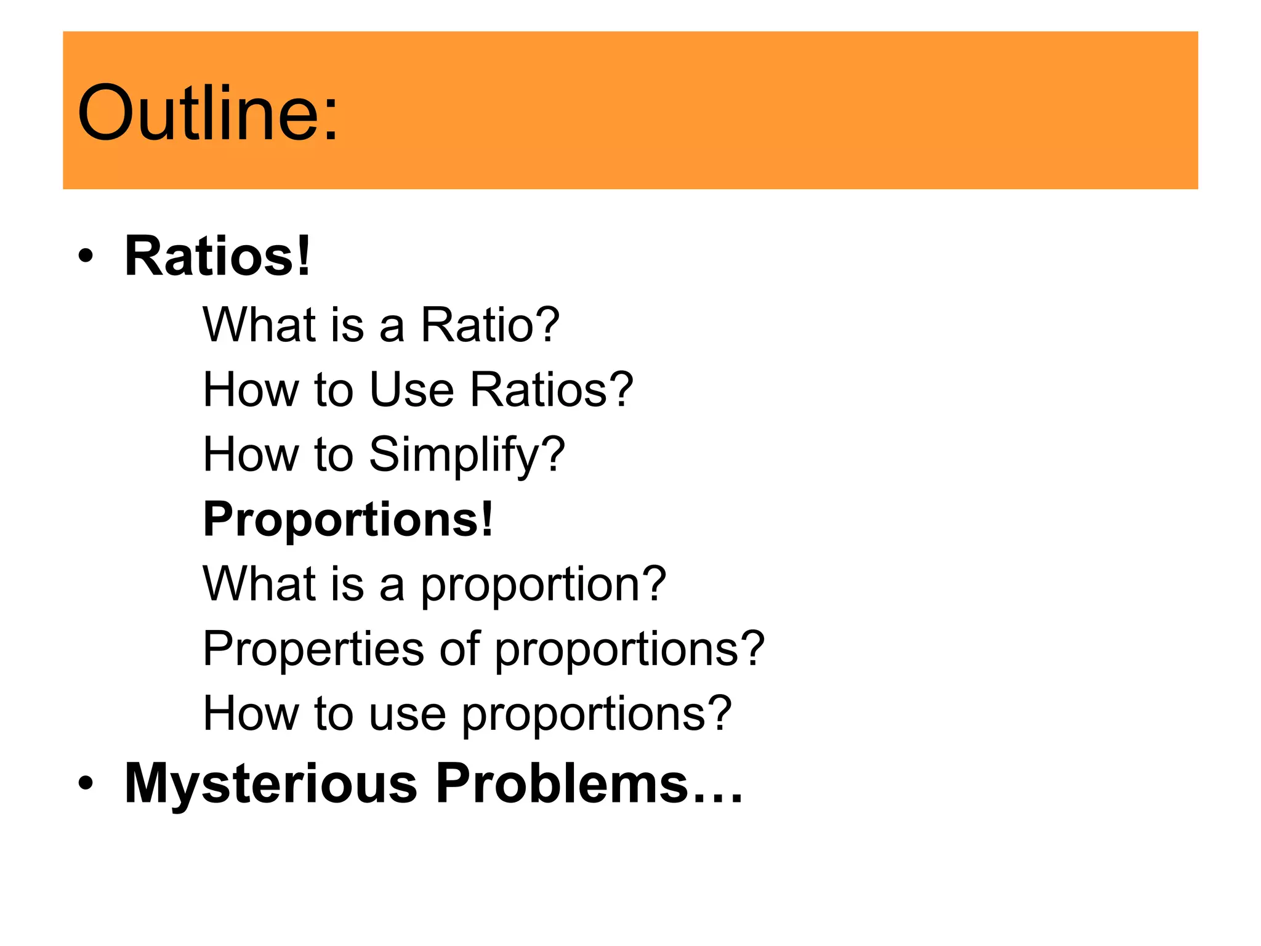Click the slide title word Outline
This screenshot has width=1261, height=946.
pos(191,114)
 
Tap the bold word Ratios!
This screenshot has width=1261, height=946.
pos(217,256)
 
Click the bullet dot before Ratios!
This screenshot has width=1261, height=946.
pos(86,256)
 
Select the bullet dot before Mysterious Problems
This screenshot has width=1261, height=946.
pos(86,783)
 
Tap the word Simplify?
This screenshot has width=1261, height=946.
pos(467,456)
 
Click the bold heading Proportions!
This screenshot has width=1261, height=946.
pos(348,520)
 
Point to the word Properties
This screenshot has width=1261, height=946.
pos(313,650)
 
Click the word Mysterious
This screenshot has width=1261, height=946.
pos(271,783)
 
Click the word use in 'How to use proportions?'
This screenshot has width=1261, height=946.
pos(408,714)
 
